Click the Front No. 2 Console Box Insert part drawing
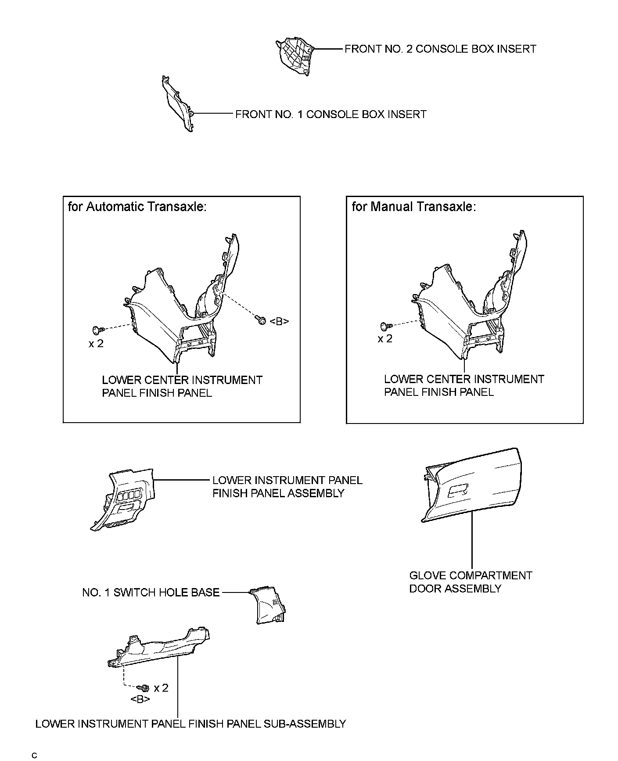point(295,56)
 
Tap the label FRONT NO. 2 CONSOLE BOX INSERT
point(440,49)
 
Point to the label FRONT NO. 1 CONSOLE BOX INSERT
point(331,115)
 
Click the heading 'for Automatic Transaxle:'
point(137,207)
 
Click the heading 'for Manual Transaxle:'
point(413,207)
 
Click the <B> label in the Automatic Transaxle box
point(279,322)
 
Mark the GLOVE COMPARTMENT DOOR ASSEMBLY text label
point(470,582)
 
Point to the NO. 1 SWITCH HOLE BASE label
point(151,592)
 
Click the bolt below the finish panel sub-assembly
point(144,688)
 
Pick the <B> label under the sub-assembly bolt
point(140,699)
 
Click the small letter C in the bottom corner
point(34,755)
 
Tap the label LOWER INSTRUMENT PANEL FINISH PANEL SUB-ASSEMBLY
point(190,724)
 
